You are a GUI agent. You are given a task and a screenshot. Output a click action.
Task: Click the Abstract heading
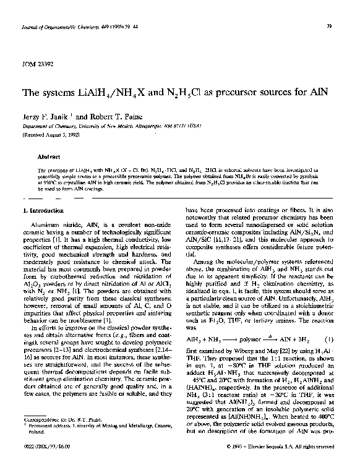tap(48, 157)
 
